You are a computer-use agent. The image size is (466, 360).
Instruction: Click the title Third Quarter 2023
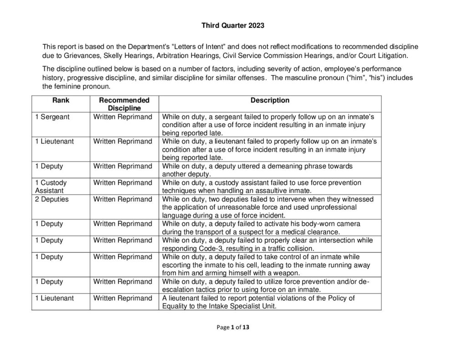pyautogui.click(x=233, y=25)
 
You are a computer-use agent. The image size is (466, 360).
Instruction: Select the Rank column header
pyautogui.click(x=61, y=100)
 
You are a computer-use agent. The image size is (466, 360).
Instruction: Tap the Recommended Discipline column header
pyautogui.click(x=124, y=104)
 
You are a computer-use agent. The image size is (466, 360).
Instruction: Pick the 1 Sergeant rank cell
pyautogui.click(x=53, y=117)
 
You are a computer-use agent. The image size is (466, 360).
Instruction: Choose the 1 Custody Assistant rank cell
pyautogui.click(x=51, y=187)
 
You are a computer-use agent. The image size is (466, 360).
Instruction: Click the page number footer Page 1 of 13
pyautogui.click(x=233, y=327)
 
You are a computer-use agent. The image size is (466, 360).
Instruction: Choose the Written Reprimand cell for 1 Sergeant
pyautogui.click(x=123, y=117)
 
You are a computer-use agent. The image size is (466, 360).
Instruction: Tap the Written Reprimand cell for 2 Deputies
pyautogui.click(x=123, y=199)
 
